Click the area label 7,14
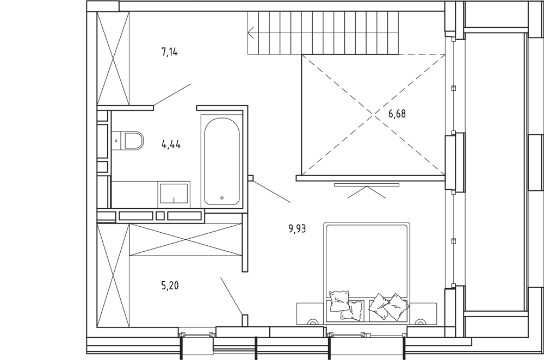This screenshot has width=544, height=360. tap(170, 53)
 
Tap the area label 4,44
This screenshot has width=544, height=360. tap(171, 144)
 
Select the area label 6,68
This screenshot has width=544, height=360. tap(397, 114)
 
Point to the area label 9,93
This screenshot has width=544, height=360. tap(298, 228)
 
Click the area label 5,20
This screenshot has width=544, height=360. tap(170, 286)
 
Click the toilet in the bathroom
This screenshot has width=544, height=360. tap(127, 141)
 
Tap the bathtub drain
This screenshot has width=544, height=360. tap(222, 198)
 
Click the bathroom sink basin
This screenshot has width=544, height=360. tap(174, 194)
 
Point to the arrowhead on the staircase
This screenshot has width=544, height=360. tap(251, 34)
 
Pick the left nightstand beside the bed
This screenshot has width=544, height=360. tap(311, 314)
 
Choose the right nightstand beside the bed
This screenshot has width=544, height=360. tap(423, 314)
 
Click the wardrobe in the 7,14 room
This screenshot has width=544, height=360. tap(114, 58)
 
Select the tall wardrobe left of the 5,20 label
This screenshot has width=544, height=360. tap(114, 275)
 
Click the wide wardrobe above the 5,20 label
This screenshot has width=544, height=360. tap(186, 240)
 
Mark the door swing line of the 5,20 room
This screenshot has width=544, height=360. tap(231, 296)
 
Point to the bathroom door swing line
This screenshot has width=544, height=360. tap(271, 192)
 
